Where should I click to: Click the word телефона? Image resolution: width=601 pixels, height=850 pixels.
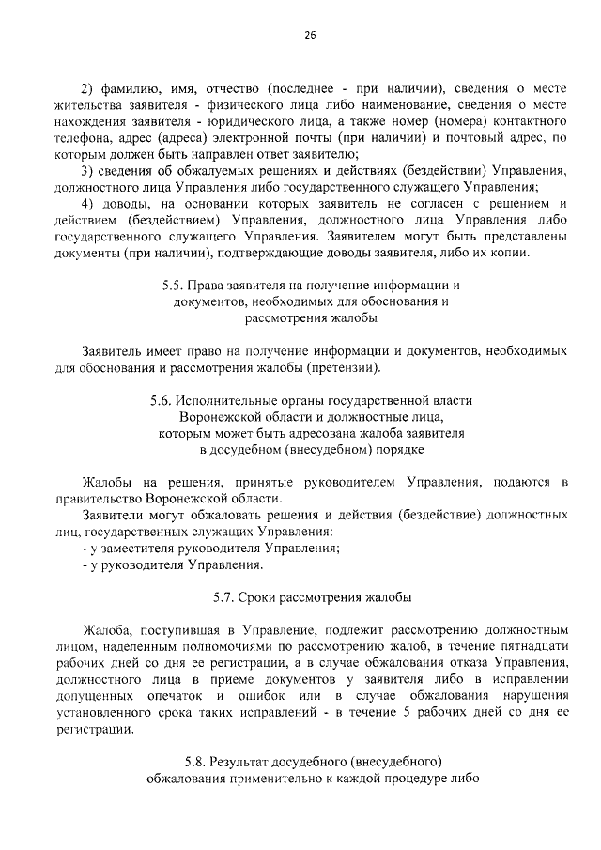(x=82, y=138)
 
